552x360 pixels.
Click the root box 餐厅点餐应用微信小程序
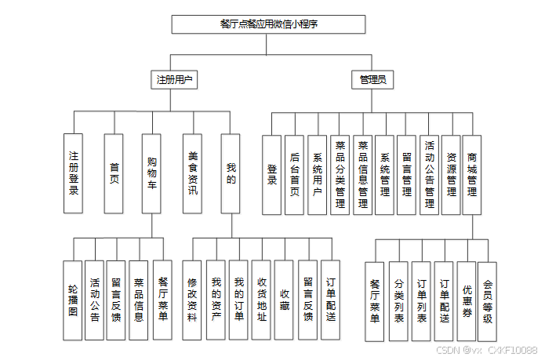click(x=268, y=24)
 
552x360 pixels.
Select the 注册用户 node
click(x=174, y=79)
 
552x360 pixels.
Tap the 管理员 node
click(x=372, y=79)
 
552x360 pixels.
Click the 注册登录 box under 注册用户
click(x=74, y=173)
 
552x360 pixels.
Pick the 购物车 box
click(x=152, y=173)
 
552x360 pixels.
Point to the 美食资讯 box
click(x=192, y=173)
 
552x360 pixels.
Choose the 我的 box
click(x=231, y=173)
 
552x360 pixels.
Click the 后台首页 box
click(x=295, y=174)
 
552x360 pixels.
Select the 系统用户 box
click(x=318, y=174)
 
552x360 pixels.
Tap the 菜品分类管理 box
click(x=340, y=174)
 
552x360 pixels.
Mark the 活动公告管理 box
click(x=429, y=174)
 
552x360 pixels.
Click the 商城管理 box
click(x=473, y=174)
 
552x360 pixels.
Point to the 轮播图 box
click(x=72, y=300)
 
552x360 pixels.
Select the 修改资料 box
click(x=192, y=300)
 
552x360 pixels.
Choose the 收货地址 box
click(x=261, y=300)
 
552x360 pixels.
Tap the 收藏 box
click(x=284, y=300)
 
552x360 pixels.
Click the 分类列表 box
click(x=398, y=301)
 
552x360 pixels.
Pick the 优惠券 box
click(x=467, y=301)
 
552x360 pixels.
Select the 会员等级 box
click(x=487, y=301)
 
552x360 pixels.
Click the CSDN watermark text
click(x=486, y=350)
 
